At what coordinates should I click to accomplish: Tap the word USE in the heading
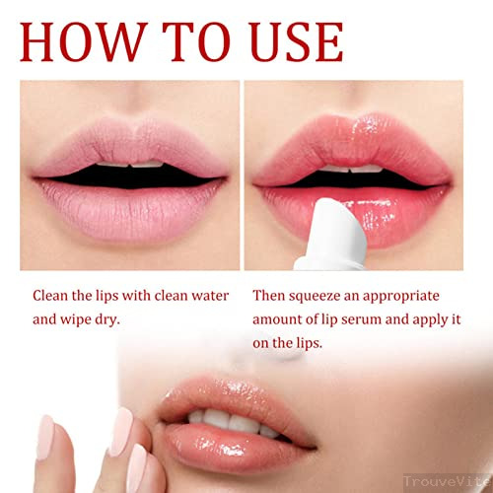click(x=297, y=42)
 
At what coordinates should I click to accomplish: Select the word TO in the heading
click(x=196, y=42)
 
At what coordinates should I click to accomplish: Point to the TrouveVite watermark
click(x=448, y=481)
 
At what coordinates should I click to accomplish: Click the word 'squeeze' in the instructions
click(x=315, y=296)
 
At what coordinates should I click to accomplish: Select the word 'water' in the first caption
click(x=210, y=296)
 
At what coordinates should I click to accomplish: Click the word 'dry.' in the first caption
click(x=107, y=319)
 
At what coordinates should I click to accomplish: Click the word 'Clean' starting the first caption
click(x=50, y=295)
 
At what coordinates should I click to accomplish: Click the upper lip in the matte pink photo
click(x=131, y=145)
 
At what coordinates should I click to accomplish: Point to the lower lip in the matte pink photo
click(x=131, y=210)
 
